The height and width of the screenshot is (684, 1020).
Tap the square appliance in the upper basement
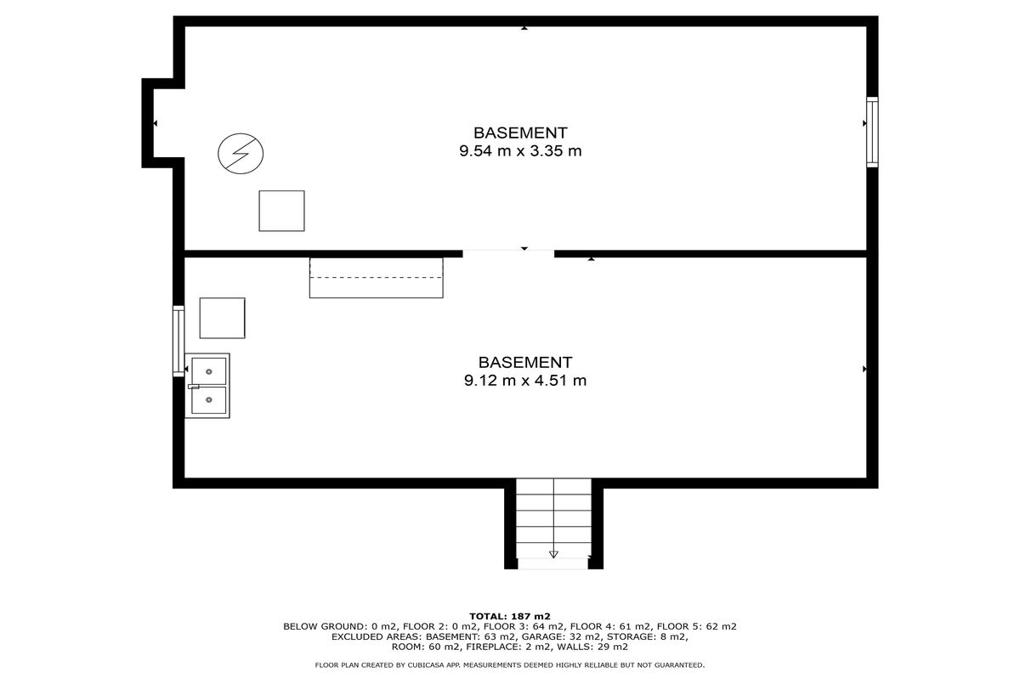[x=282, y=211]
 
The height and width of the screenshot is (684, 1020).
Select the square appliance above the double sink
[x=222, y=318]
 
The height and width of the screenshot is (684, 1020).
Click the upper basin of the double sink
[x=209, y=371]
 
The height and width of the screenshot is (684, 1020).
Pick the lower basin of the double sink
[x=209, y=400]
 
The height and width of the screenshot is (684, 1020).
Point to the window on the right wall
[x=872, y=132]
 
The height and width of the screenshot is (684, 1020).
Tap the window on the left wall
[x=178, y=342]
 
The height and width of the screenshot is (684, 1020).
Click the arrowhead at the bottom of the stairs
[x=553, y=554]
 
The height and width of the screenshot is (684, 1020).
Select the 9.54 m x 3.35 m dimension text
[x=520, y=150]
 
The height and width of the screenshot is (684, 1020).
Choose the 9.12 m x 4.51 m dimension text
[x=525, y=380]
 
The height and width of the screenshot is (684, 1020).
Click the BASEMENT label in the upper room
[x=520, y=133]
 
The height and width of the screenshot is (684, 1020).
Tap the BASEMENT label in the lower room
[x=525, y=362]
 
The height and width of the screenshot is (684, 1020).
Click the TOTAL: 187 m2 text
[x=510, y=616]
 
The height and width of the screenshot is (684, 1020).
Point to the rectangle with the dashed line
[x=376, y=278]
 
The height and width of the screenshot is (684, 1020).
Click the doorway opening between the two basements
[x=508, y=253]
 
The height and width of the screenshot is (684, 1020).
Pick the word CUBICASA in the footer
[x=426, y=665]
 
